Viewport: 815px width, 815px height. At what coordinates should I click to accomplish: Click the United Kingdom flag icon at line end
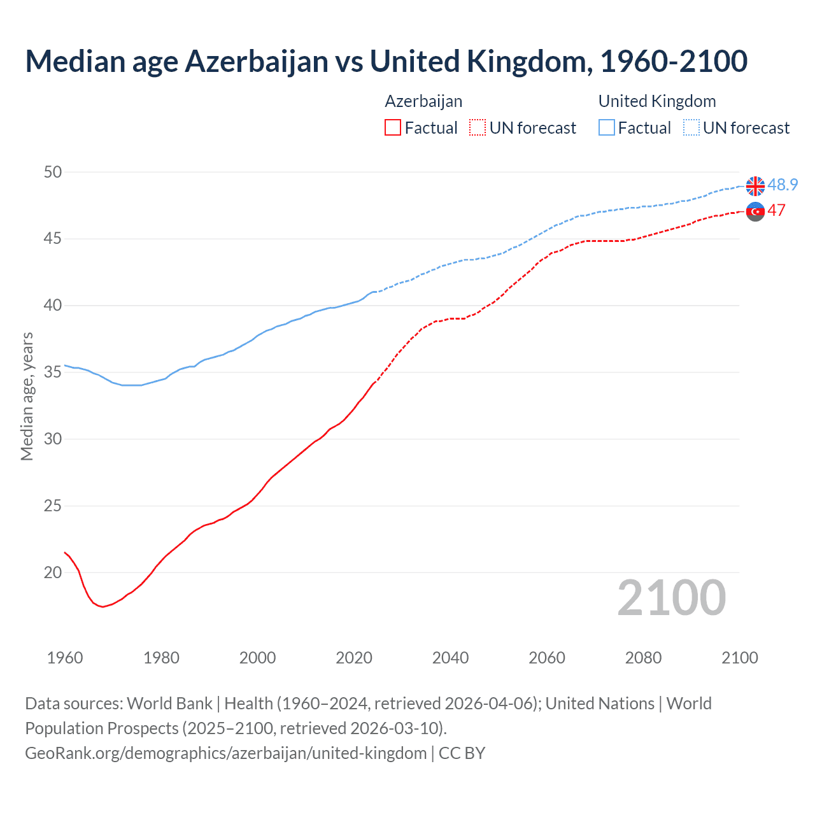[755, 186]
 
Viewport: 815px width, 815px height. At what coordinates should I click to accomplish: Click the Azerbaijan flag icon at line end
[755, 211]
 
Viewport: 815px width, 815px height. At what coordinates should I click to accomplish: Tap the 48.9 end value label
[783, 185]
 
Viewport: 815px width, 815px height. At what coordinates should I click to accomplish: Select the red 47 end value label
[776, 210]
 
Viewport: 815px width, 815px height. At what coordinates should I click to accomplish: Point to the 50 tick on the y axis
[53, 172]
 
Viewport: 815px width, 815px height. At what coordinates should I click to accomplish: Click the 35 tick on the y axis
[53, 372]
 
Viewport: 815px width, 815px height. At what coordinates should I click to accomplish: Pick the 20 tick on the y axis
[53, 572]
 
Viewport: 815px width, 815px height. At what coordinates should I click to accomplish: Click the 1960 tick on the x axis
[65, 658]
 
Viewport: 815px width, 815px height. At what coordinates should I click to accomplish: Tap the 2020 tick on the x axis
[354, 658]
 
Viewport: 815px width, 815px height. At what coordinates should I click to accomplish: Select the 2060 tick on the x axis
[547, 658]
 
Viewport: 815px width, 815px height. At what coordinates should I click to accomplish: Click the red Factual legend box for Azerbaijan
[393, 128]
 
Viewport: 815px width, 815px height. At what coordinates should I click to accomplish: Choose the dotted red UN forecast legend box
[478, 128]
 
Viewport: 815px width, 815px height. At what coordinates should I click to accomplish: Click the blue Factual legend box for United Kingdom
[607, 128]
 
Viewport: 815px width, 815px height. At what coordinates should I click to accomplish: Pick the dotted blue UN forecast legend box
[691, 128]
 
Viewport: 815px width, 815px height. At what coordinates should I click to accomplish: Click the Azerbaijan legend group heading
[423, 101]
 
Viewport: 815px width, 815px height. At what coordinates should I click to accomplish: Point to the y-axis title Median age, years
[27, 396]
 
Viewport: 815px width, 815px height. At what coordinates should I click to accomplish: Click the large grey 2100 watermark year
[671, 597]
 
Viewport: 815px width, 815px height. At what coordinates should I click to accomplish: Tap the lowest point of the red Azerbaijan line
[102, 607]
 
